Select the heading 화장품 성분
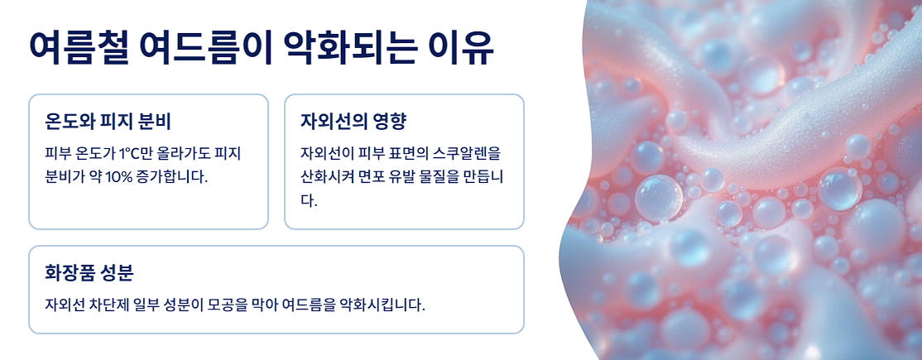[89, 272]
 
